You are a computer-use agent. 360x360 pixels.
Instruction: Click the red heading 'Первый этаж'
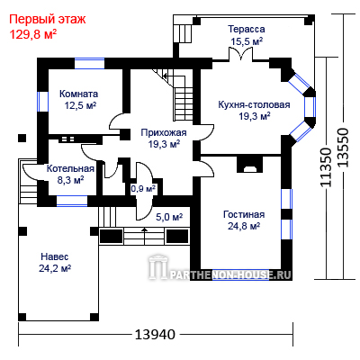pos(48,19)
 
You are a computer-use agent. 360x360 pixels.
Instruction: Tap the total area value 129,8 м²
pos(33,34)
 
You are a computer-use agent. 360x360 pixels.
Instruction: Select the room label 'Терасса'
pos(247,29)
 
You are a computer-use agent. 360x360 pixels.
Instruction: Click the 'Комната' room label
pos(78,94)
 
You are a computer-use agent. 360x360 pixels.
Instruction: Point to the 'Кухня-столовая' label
pos(254,104)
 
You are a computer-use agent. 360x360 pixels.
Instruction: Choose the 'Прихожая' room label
pos(164,132)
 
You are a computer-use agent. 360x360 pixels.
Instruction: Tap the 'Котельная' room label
pos(70,168)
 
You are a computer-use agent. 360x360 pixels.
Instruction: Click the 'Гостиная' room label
pos(244,214)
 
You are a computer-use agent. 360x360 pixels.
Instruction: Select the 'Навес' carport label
pos(55,256)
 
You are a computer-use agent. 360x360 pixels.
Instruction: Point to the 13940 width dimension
pos(155,334)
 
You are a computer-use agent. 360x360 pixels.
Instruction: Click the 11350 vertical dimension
pos(326,167)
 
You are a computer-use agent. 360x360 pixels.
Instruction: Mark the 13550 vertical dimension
pos(343,148)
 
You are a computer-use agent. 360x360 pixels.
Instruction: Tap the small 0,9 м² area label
pos(143,189)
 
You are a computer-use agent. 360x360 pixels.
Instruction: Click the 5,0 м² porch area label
pos(169,217)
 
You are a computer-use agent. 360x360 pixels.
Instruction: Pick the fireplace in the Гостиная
pos(249,166)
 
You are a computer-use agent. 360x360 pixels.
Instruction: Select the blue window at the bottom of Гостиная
pos(240,274)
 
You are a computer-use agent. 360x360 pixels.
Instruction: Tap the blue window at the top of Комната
pos(89,64)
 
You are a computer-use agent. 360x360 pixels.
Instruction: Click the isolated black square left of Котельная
pos(22,138)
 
